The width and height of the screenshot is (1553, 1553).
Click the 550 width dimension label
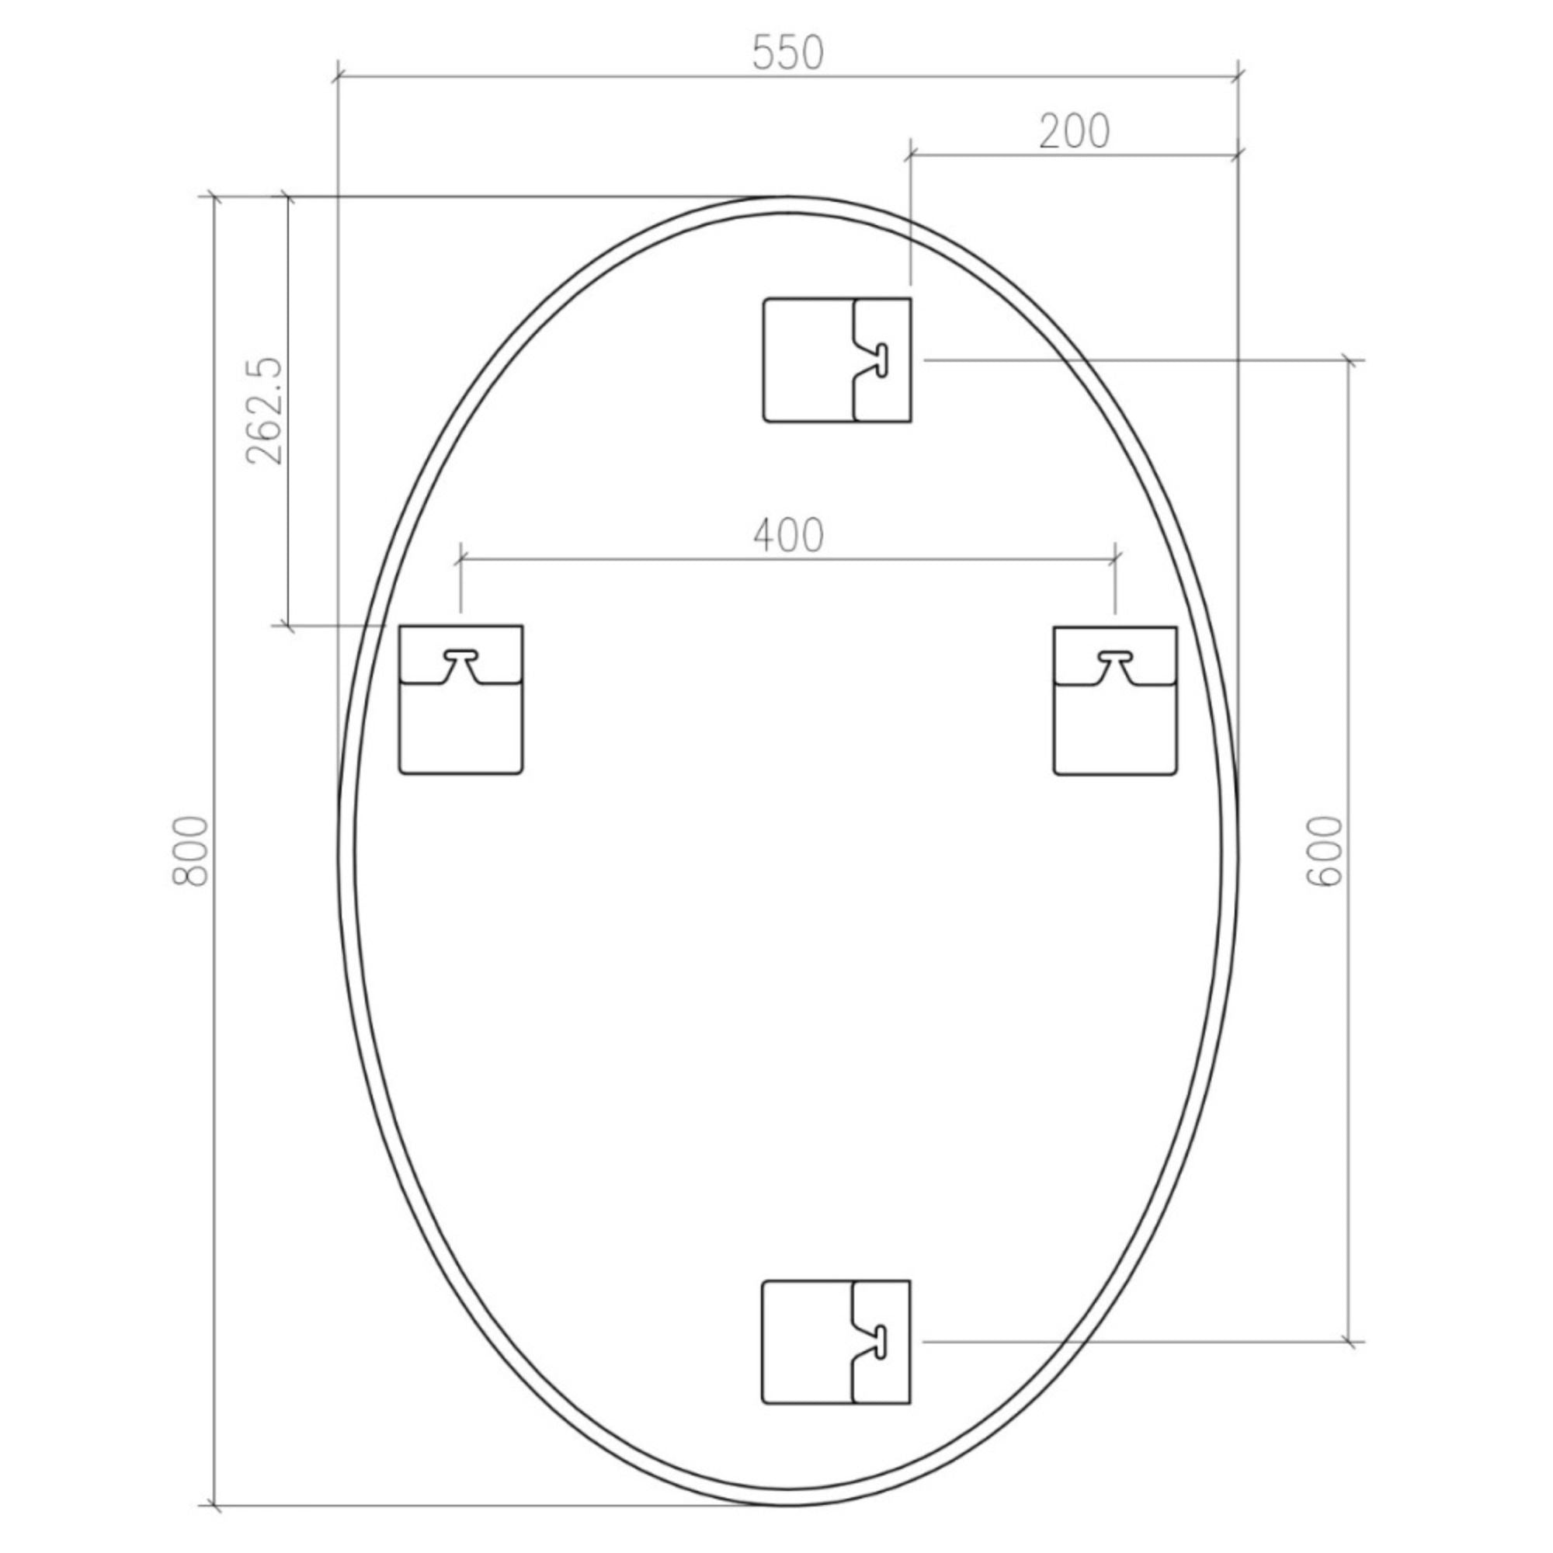[x=787, y=54]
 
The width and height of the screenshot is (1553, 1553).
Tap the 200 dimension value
[x=1074, y=131]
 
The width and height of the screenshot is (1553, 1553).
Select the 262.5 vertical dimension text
[x=266, y=411]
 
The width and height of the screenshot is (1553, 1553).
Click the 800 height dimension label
[x=191, y=851]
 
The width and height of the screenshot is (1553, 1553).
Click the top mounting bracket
[x=837, y=360]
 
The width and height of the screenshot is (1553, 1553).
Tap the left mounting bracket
[x=461, y=700]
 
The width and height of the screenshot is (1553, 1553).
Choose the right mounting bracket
[x=1115, y=700]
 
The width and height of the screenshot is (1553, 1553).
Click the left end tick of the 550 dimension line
[x=339, y=77]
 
